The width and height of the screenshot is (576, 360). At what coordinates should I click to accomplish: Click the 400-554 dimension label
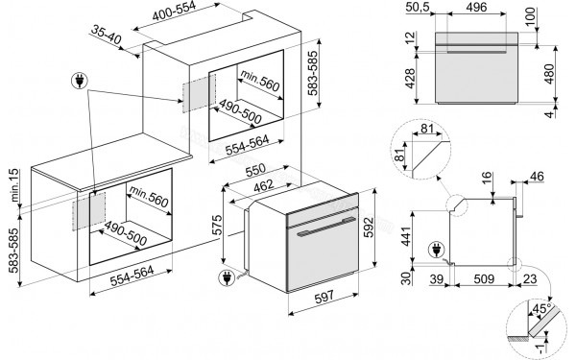174,11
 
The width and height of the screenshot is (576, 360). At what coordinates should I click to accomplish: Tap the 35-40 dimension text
107,35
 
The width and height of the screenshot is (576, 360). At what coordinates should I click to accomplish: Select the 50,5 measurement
418,7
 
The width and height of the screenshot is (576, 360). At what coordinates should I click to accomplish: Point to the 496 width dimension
476,7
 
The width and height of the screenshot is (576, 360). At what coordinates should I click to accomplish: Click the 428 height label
409,79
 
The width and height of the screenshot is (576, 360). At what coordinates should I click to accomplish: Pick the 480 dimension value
549,74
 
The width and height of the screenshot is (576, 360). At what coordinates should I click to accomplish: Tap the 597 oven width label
324,297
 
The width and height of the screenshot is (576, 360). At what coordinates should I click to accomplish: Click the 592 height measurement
369,227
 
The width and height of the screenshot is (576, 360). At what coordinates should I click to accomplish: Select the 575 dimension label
218,225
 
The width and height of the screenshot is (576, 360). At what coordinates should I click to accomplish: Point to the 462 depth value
264,185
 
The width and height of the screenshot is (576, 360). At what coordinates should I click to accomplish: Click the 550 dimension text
255,169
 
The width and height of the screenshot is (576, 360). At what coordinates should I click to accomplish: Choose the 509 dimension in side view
484,278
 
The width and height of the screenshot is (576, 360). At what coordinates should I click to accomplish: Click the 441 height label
407,236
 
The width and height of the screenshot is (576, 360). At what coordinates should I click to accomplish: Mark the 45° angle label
541,308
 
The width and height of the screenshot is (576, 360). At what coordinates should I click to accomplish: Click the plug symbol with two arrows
80,81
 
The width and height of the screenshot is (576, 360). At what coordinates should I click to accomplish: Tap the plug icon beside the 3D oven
227,278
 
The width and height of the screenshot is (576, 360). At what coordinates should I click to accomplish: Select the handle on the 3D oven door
326,226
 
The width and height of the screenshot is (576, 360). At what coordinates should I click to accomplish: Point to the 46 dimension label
537,177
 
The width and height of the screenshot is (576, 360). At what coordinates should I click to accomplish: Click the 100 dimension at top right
531,17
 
